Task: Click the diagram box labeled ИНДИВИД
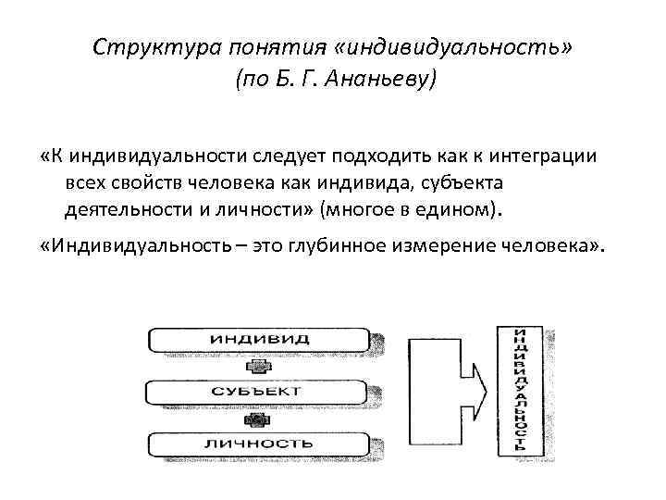(x=259, y=339)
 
